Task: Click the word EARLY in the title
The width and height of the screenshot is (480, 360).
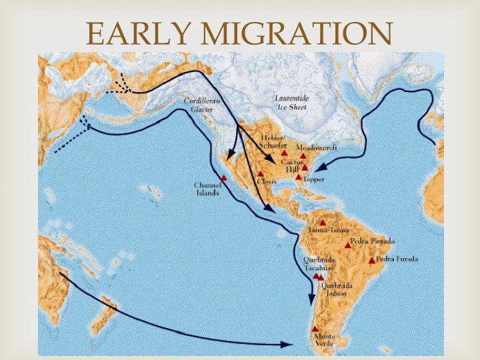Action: pyautogui.click(x=134, y=33)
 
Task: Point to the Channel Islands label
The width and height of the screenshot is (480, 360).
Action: pyautogui.click(x=208, y=189)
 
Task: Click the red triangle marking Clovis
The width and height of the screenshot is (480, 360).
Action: pyautogui.click(x=261, y=174)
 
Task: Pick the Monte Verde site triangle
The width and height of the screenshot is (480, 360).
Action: pyautogui.click(x=315, y=329)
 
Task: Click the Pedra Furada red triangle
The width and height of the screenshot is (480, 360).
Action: pyautogui.click(x=372, y=260)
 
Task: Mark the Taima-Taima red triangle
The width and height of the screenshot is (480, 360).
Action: pyautogui.click(x=323, y=223)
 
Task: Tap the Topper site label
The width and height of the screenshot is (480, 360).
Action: pyautogui.click(x=314, y=179)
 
